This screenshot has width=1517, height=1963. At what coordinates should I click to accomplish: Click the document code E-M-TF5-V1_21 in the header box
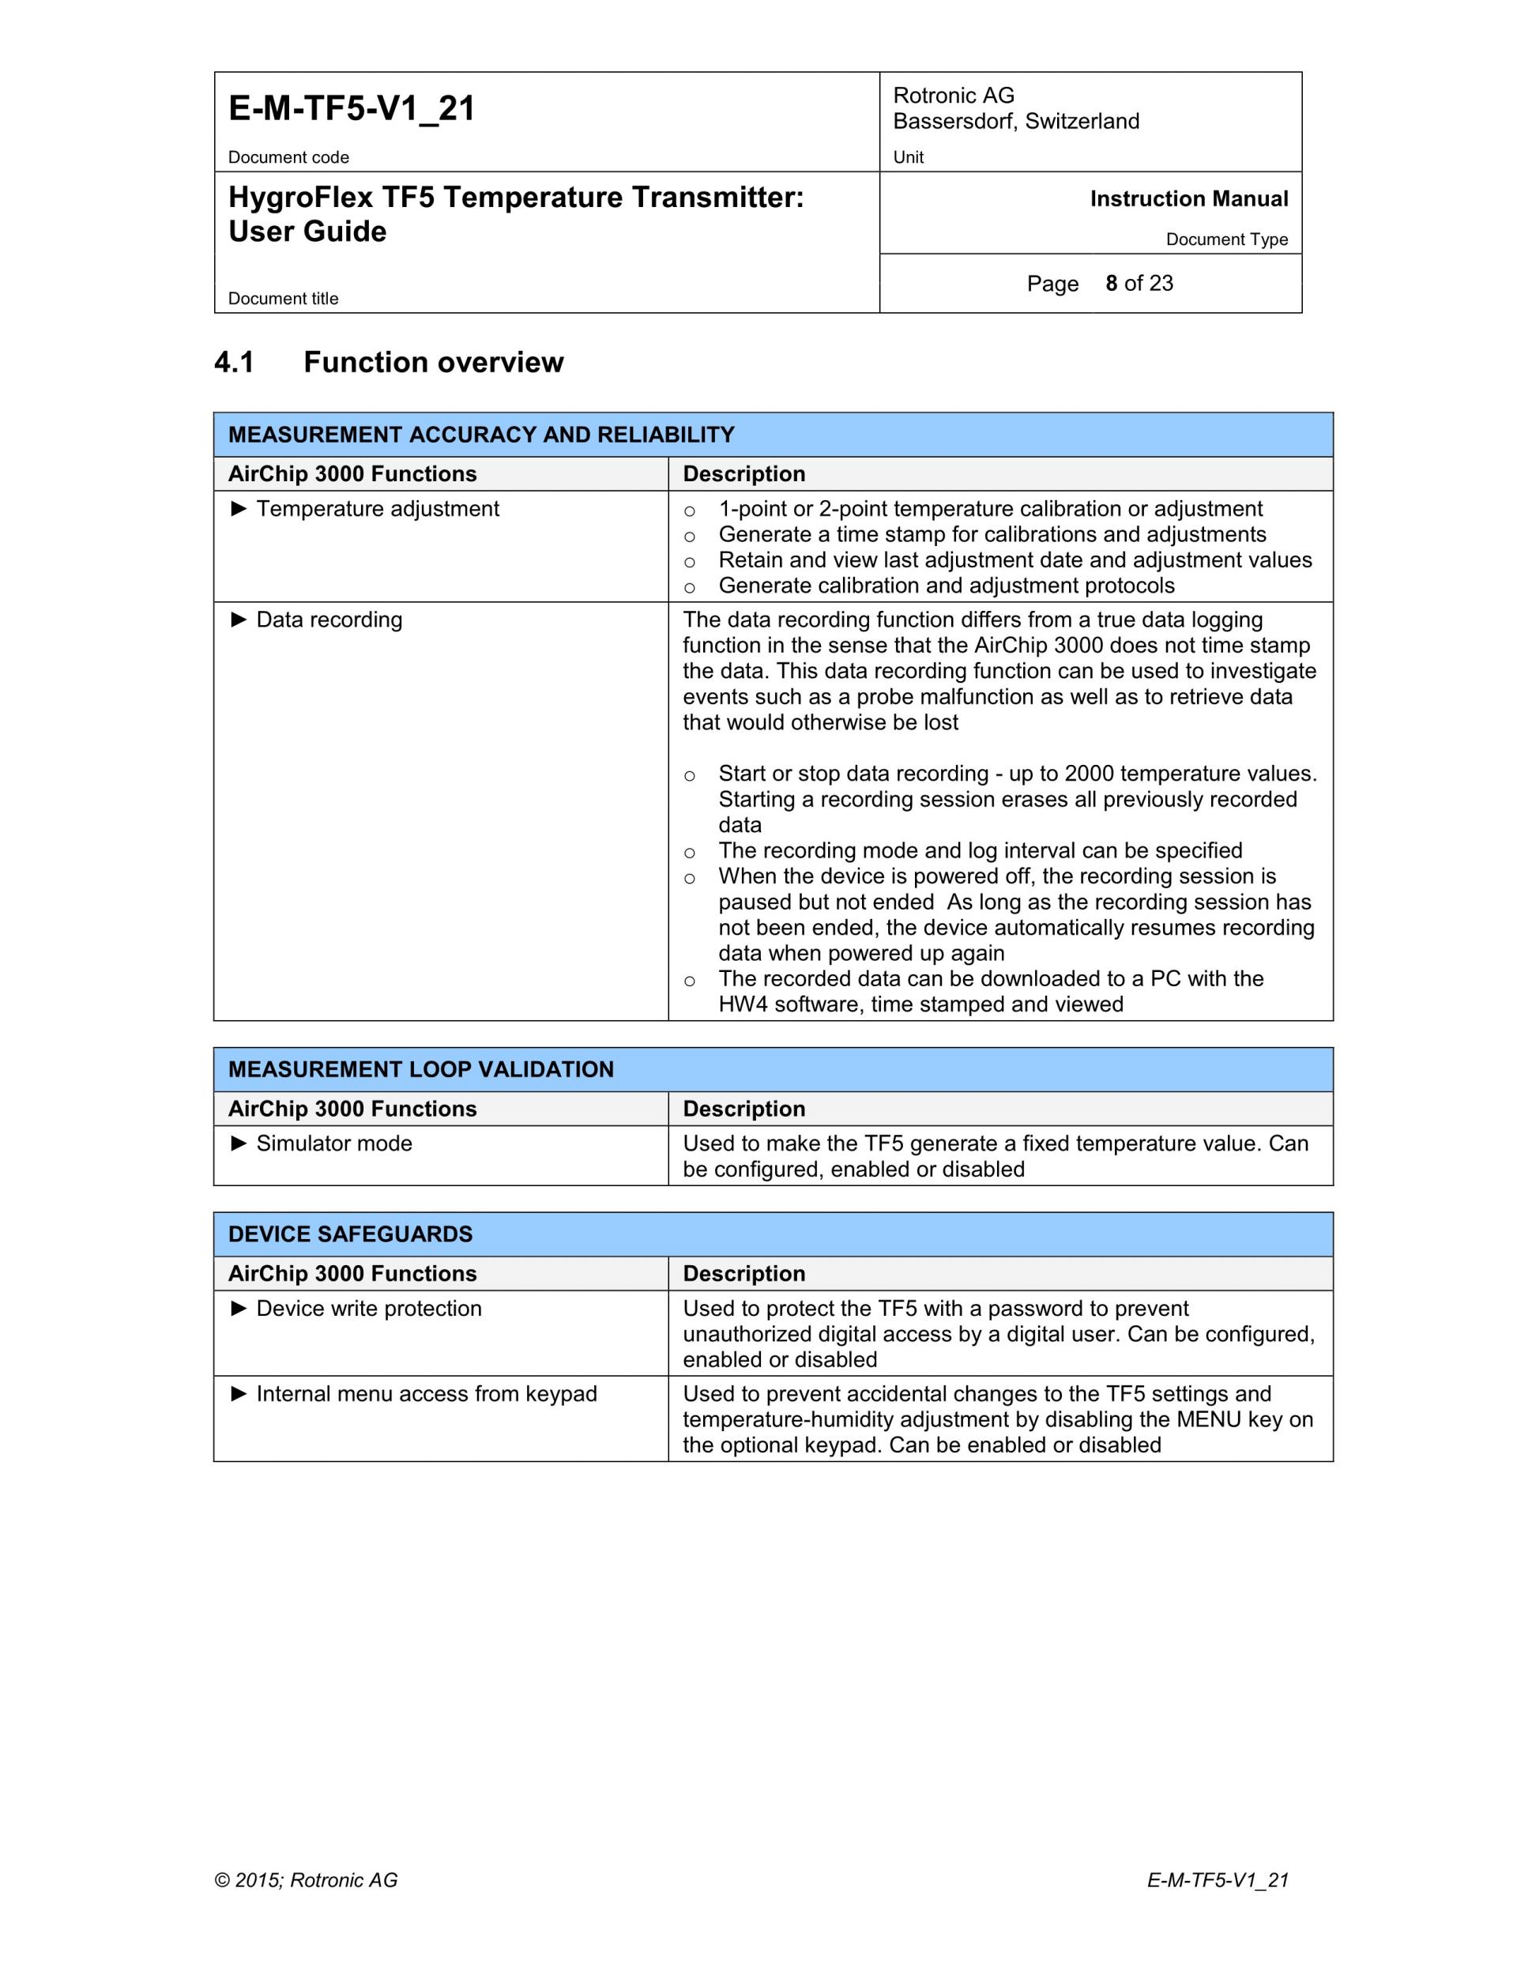click(352, 109)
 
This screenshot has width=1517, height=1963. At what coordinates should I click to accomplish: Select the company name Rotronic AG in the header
click(954, 96)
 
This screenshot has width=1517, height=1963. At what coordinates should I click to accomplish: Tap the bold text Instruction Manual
click(1188, 198)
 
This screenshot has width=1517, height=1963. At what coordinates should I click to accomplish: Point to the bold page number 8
click(1112, 283)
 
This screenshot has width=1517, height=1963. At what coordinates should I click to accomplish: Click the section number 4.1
click(234, 362)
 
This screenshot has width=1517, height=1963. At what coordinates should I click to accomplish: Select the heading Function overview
click(433, 362)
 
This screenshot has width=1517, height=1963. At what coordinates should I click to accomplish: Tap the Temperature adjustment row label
click(378, 509)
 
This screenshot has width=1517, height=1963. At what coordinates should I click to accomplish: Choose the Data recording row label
click(329, 620)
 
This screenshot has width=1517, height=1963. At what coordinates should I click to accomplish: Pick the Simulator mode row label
click(334, 1144)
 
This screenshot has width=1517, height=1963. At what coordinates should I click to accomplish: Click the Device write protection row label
click(368, 1309)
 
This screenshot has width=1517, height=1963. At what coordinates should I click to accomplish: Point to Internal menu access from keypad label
click(426, 1394)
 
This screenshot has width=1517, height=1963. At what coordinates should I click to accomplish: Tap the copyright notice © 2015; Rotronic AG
click(306, 1880)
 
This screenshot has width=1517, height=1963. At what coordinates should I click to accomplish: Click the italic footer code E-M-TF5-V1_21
click(1218, 1880)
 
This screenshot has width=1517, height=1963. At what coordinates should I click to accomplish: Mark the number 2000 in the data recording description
click(1090, 774)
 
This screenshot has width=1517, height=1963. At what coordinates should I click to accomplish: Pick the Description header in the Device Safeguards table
click(744, 1274)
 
